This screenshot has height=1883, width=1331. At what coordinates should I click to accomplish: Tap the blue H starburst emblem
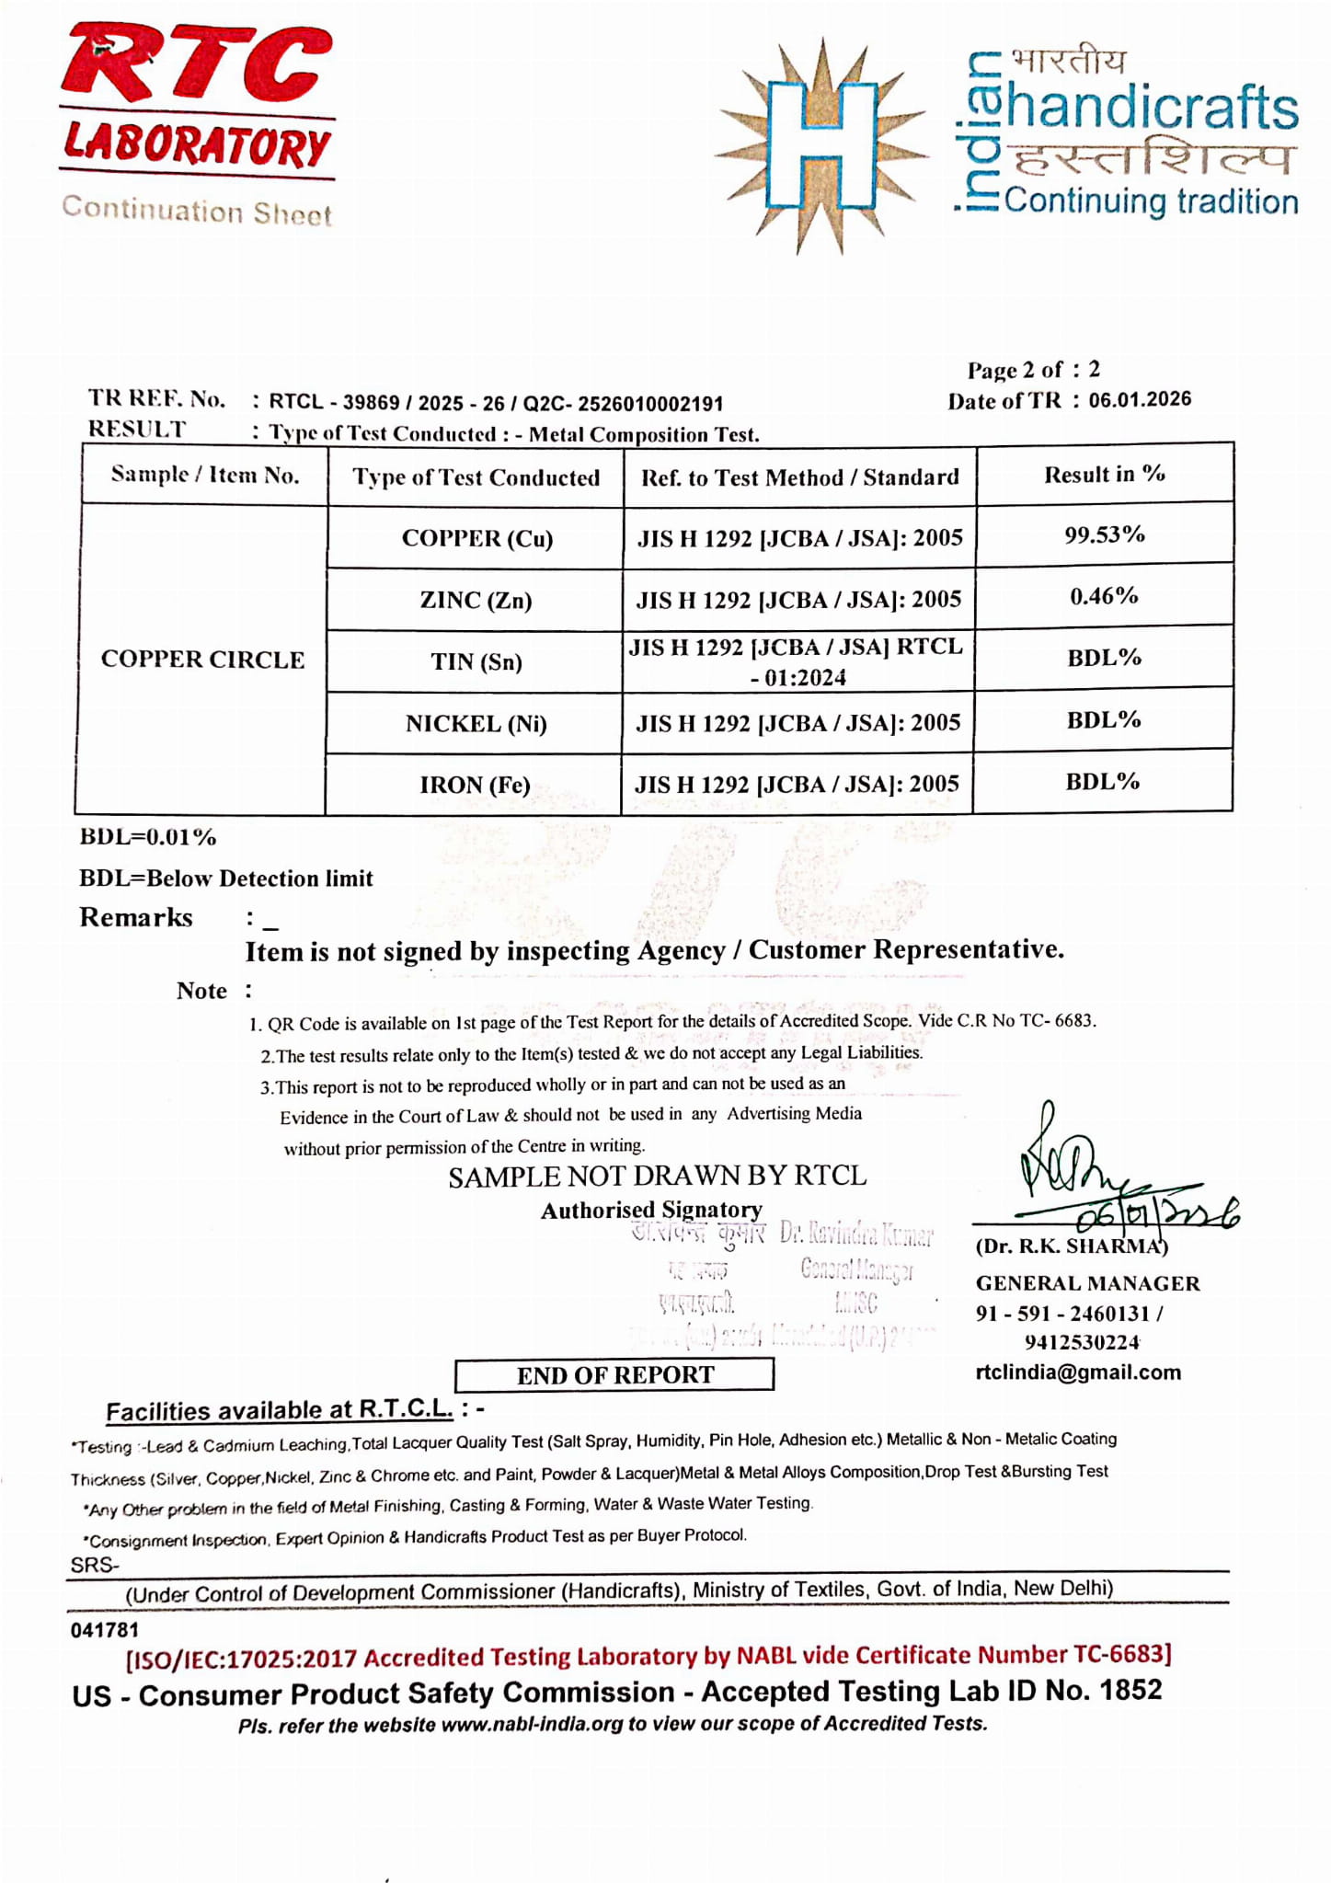pos(821,145)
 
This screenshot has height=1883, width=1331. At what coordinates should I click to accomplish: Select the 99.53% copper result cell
pos(1104,534)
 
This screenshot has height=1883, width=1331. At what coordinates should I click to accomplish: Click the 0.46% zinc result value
pos(1104,596)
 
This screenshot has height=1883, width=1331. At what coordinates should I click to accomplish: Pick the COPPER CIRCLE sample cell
pos(202,660)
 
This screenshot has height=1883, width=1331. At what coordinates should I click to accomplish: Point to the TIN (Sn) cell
pos(476,662)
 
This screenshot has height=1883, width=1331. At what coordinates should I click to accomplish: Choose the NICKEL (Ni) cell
pos(476,724)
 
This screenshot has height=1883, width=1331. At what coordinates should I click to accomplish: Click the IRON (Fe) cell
pos(475,785)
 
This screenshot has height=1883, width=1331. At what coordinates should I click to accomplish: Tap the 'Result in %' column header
pos(1104,475)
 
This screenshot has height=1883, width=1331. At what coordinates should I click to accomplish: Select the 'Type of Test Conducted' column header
pos(476,477)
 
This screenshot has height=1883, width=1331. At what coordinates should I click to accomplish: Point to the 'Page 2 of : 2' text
pos(1033,370)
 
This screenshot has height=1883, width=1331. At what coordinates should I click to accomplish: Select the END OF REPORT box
pos(614,1374)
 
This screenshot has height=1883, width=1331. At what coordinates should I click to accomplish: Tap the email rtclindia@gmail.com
pos(1078,1372)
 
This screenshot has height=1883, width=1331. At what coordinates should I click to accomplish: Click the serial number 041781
pos(105,1630)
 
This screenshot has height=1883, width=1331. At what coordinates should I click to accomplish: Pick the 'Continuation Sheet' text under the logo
pos(197,212)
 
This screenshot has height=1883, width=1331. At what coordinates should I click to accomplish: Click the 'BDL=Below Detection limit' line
pos(226,878)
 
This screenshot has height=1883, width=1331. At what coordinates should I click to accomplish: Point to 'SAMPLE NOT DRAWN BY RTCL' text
pos(657,1177)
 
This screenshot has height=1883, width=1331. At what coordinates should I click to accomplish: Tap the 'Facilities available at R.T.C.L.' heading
pos(279,1410)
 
